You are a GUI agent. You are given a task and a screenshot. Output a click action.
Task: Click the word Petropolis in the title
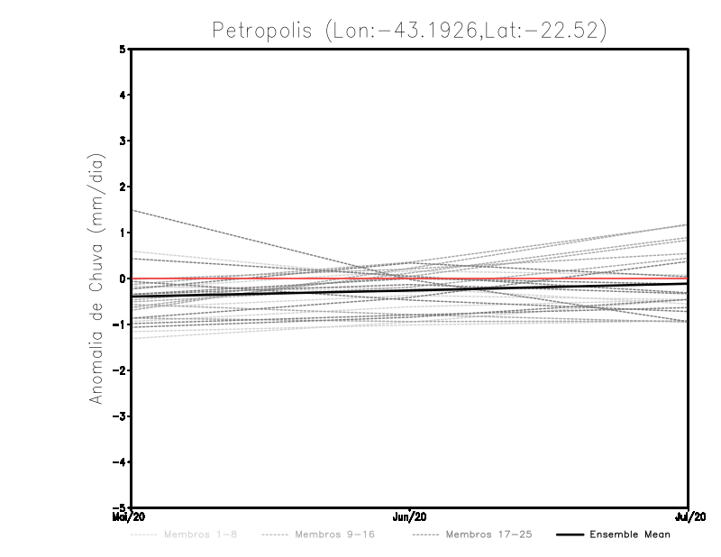(x=261, y=30)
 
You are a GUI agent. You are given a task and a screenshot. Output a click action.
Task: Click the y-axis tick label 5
(x=123, y=50)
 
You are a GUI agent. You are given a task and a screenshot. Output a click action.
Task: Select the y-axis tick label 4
(x=123, y=95)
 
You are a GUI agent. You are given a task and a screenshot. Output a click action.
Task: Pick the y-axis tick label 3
(x=123, y=141)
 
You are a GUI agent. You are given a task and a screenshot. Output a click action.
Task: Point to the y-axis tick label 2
(x=123, y=187)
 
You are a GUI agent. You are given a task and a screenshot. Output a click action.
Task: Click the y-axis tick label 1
(x=123, y=233)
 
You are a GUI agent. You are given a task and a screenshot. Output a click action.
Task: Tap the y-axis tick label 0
(x=123, y=278)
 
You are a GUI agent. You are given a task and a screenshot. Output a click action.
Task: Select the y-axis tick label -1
(x=120, y=324)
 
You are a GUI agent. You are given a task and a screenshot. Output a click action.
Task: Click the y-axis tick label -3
(x=120, y=416)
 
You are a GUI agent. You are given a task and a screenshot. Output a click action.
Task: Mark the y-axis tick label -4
(x=120, y=461)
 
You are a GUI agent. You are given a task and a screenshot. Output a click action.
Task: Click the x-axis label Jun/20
(x=410, y=517)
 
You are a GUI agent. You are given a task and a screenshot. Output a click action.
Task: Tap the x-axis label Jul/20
(x=689, y=517)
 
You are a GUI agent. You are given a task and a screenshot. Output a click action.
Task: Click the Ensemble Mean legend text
(x=630, y=534)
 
